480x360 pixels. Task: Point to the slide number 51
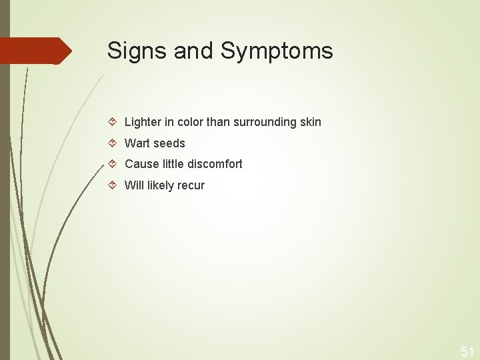[x=467, y=351]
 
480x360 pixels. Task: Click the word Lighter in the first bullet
[x=142, y=122]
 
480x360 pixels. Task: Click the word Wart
[x=137, y=143]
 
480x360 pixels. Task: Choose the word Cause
[x=141, y=164]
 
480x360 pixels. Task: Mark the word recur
[x=190, y=185]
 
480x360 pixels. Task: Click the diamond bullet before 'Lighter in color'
[x=113, y=122]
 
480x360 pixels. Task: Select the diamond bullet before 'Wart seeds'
[x=113, y=143]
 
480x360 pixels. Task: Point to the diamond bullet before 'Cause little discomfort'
[x=113, y=164]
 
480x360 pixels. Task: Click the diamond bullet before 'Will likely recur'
[x=113, y=185]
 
